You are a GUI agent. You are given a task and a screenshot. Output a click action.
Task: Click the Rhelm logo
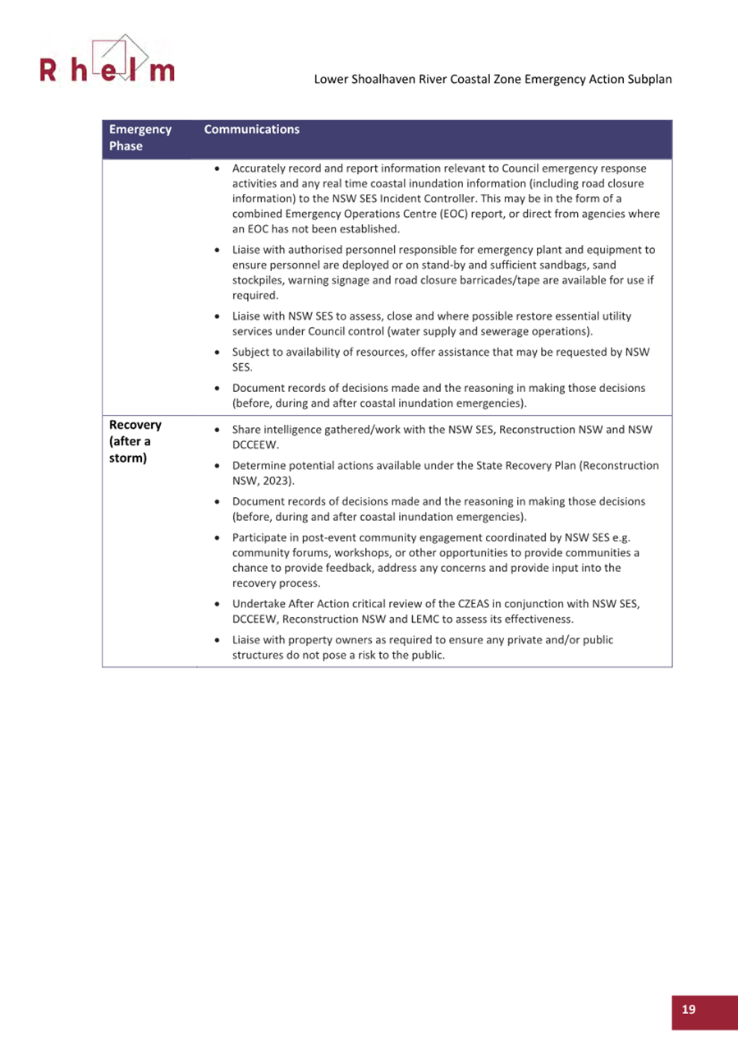pos(108,63)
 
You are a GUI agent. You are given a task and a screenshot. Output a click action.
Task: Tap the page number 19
pos(688,1010)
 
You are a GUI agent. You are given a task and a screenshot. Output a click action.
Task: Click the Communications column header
pos(250,130)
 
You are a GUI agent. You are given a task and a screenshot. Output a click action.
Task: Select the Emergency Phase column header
pos(140,138)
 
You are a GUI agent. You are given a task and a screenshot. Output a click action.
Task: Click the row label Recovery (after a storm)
pos(135,442)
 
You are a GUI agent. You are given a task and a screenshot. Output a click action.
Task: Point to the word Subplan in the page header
pos(652,81)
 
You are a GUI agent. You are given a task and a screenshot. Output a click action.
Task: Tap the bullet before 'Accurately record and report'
pos(216,168)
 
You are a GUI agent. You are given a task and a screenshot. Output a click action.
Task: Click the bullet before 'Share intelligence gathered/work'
pos(216,430)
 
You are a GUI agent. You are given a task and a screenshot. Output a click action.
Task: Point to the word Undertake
pos(259,604)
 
